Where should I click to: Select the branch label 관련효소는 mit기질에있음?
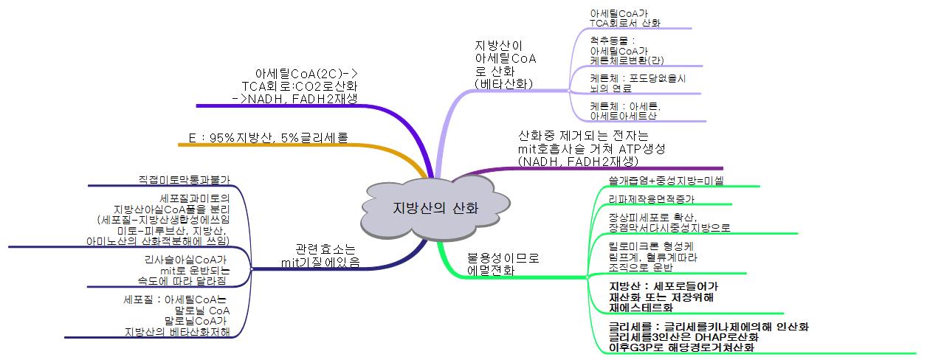pyautogui.click(x=321, y=255)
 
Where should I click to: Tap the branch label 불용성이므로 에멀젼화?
pyautogui.click(x=503, y=264)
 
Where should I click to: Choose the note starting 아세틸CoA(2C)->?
pyautogui.click(x=306, y=86)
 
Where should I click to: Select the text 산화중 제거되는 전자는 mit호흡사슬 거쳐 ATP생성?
pyautogui.click(x=591, y=148)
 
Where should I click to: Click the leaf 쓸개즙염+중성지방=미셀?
pyautogui.click(x=666, y=180)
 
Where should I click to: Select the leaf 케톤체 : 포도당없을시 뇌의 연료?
pyautogui.click(x=638, y=83)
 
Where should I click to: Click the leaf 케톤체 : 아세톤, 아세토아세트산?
pyautogui.click(x=625, y=111)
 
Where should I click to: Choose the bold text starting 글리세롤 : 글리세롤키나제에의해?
pyautogui.click(x=709, y=336)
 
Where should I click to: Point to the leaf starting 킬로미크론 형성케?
pyautogui.click(x=652, y=257)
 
